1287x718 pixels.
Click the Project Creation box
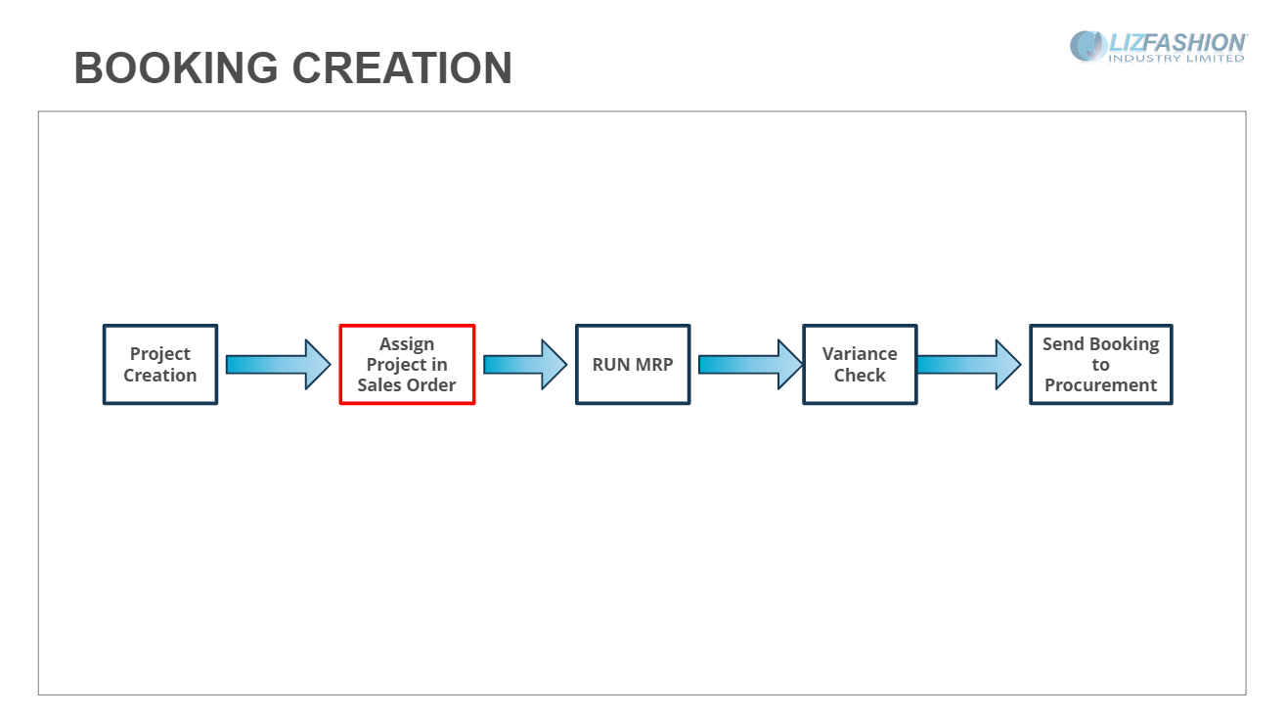point(160,365)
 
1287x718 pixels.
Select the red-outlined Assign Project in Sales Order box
point(407,365)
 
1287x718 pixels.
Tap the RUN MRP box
point(633,365)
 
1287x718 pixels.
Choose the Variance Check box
point(860,365)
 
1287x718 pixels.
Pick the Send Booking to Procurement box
point(1101,365)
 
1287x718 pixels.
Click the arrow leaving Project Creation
point(278,365)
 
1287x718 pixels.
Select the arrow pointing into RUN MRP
point(525,365)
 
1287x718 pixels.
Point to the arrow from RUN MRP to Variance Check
point(750,365)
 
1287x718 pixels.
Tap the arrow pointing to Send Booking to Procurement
point(969,365)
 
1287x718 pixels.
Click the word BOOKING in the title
point(176,67)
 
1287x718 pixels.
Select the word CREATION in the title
point(402,67)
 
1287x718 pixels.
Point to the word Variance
point(860,353)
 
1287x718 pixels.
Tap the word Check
point(860,376)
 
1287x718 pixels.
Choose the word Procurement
point(1101,385)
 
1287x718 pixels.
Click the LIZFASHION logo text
point(1177,43)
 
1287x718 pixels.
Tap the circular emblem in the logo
point(1088,46)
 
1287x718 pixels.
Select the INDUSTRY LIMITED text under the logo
point(1176,59)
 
